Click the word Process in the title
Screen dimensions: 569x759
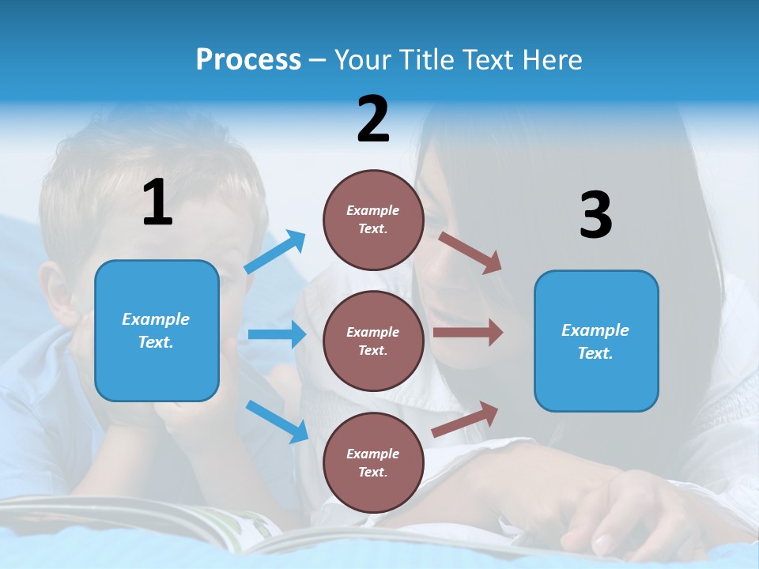coord(248,59)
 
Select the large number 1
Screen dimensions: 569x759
coord(157,202)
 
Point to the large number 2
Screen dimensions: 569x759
coord(373,119)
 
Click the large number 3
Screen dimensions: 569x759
coord(595,215)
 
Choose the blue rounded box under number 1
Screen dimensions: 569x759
coord(157,330)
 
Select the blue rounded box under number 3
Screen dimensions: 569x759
coord(596,341)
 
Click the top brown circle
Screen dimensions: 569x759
coord(373,220)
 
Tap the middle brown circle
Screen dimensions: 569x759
coord(373,341)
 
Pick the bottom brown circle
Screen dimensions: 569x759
coord(373,462)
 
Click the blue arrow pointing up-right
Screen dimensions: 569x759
coord(274,252)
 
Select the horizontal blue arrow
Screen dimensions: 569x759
coord(277,334)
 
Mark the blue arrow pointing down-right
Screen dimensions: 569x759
coord(277,421)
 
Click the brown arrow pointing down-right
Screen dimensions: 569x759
coord(470,253)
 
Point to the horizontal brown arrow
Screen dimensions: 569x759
coord(467,332)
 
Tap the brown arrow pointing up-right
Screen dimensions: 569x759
coord(466,419)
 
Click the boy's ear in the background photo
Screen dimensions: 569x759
coord(55,296)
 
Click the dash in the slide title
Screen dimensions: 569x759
coord(318,60)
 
